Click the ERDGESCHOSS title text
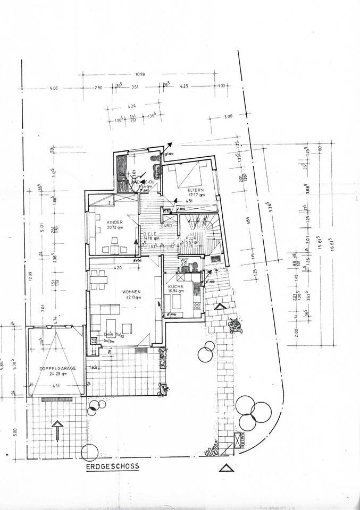pyautogui.click(x=112, y=466)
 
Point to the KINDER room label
pyautogui.click(x=115, y=222)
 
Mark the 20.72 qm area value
pyautogui.click(x=115, y=227)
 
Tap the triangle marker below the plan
pyautogui.click(x=226, y=468)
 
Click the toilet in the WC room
pyautogui.click(x=195, y=266)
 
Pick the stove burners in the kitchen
pyautogui.click(x=197, y=306)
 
